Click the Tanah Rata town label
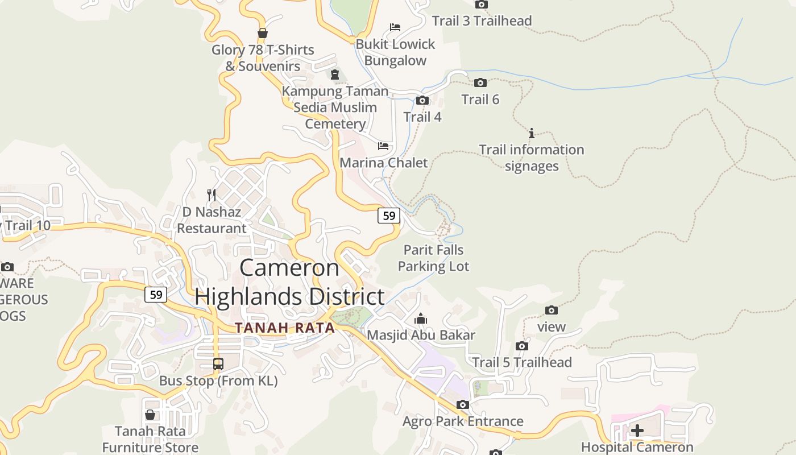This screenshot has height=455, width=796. [x=285, y=328]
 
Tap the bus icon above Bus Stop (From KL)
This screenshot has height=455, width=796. [x=218, y=363]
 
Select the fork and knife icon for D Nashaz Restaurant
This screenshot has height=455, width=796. [x=212, y=195]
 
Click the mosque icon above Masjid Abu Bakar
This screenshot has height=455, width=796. [x=421, y=318]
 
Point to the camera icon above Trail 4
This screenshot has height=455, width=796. [x=422, y=101]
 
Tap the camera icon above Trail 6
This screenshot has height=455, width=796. [x=480, y=83]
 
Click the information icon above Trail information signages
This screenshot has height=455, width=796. [x=532, y=133]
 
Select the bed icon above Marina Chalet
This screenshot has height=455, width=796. [x=383, y=146]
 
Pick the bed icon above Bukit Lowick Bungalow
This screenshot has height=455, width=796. [x=395, y=27]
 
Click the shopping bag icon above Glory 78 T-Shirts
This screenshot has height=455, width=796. [x=263, y=33]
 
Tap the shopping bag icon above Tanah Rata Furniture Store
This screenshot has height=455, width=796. [x=150, y=415]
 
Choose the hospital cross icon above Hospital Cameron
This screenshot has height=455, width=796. [x=637, y=431]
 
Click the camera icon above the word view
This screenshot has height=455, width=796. [x=551, y=310]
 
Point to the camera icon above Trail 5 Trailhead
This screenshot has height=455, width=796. [x=522, y=346]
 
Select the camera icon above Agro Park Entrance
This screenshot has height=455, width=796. [x=463, y=404]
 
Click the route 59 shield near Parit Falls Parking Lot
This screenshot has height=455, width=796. [x=389, y=216]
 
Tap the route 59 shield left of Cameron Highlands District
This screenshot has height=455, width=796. [x=156, y=295]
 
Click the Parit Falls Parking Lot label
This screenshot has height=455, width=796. [x=433, y=258]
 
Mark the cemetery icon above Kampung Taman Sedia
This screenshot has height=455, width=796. [x=335, y=74]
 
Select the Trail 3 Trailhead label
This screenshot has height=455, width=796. [x=482, y=21]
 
